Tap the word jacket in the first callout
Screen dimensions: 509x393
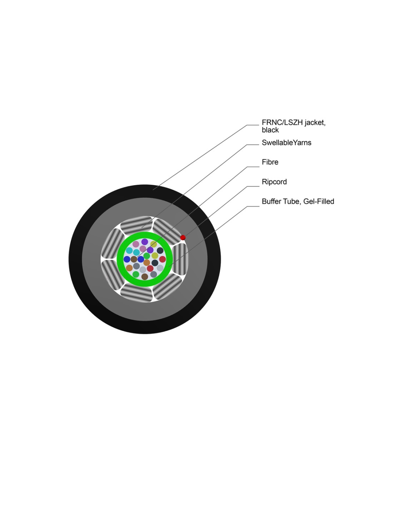coord(314,123)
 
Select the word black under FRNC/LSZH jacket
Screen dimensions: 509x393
coord(270,130)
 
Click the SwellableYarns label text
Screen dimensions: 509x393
coord(286,143)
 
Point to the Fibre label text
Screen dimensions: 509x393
coord(270,162)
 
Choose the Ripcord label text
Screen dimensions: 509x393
coord(274,182)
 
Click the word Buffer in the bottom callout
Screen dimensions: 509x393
coord(271,202)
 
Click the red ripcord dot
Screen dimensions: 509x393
coord(183,237)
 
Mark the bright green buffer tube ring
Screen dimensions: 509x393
coord(120,260)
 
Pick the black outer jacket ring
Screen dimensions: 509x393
coord(75,260)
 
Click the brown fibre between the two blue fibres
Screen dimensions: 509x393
coord(134,259)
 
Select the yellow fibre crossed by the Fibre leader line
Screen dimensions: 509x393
coord(154,244)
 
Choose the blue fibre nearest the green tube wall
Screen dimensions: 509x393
coord(127,259)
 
